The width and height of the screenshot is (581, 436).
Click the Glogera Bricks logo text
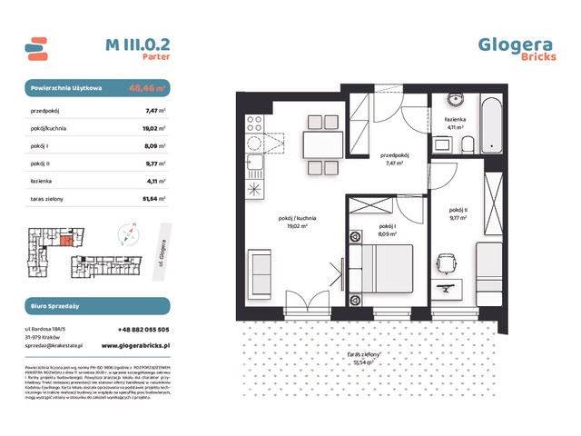(x=516, y=47)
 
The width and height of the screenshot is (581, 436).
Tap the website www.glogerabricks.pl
(x=134, y=345)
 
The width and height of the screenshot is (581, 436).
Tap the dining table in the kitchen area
(x=318, y=144)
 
